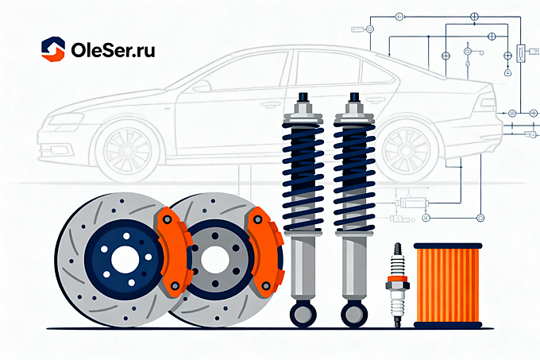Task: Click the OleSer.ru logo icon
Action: (x=53, y=49)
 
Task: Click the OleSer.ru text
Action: (x=113, y=50)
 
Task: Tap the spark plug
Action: (x=397, y=285)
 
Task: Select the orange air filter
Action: (x=448, y=285)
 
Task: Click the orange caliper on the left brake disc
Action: (x=175, y=251)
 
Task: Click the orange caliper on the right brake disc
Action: (x=265, y=251)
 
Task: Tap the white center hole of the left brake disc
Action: (x=125, y=260)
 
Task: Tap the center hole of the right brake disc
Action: (x=215, y=260)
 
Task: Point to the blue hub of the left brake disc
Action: (x=125, y=260)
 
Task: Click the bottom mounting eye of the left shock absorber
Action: (x=303, y=314)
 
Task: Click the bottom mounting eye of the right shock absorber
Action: (x=354, y=314)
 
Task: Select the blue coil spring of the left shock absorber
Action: (x=303, y=176)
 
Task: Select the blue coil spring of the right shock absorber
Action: (x=354, y=176)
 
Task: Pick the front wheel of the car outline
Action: (x=127, y=150)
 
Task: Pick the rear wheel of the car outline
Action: (x=407, y=150)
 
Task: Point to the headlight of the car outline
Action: (x=66, y=120)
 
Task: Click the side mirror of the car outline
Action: (x=202, y=86)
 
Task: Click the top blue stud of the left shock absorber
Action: (x=303, y=97)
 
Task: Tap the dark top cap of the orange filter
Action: (x=448, y=246)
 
